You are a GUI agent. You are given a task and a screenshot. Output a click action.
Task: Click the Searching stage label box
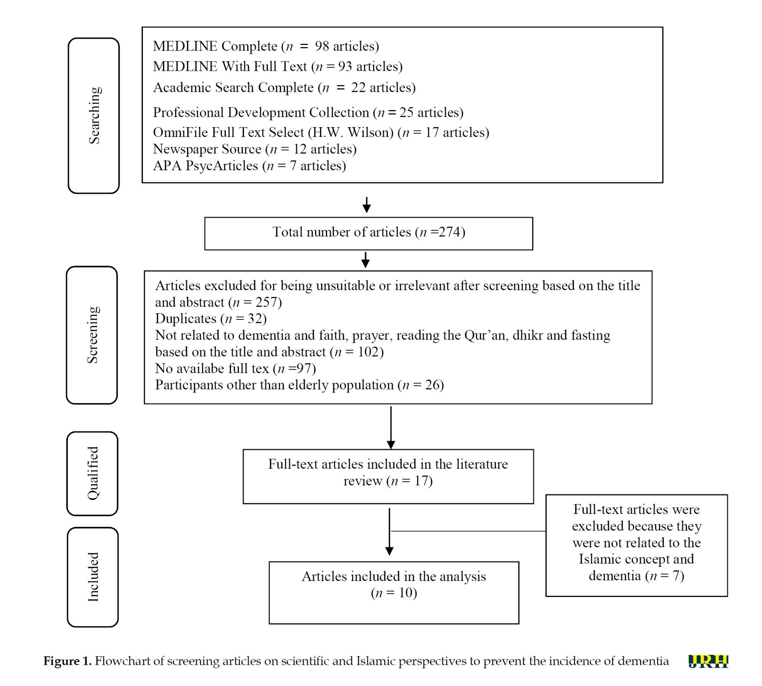[94, 116]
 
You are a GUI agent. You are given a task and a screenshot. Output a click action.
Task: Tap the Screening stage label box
[92, 335]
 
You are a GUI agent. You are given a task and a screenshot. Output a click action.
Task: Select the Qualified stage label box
[92, 474]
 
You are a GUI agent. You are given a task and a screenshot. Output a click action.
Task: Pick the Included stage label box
[93, 577]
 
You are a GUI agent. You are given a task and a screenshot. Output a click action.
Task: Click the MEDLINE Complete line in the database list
[266, 46]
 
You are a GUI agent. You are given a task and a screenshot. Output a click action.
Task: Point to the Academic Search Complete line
[284, 88]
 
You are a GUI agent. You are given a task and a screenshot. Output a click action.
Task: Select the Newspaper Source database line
[255, 149]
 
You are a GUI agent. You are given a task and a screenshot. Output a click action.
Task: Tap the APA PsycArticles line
[250, 166]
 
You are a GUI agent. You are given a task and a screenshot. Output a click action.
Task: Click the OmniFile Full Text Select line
[321, 132]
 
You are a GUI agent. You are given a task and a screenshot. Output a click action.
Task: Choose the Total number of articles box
[368, 233]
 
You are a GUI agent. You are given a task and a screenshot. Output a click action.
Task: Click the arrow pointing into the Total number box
[367, 205]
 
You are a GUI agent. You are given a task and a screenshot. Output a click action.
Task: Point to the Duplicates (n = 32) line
[211, 318]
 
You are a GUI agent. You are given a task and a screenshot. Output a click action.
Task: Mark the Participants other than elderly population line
[299, 385]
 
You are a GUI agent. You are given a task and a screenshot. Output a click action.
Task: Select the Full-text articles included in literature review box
[388, 477]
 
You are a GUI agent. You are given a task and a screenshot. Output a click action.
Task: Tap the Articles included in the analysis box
[394, 593]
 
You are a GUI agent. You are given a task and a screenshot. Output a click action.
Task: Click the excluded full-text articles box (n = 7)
[637, 546]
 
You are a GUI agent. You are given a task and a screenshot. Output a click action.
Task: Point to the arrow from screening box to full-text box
[391, 428]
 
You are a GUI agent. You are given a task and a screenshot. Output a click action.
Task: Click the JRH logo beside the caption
[708, 661]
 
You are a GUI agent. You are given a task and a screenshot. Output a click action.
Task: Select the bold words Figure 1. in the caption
[67, 661]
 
